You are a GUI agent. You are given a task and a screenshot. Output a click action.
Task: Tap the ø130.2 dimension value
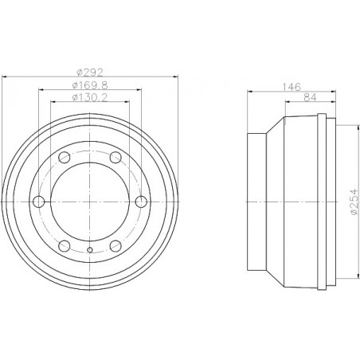point(89,100)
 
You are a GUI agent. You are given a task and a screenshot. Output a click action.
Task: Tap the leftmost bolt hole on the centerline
point(37,202)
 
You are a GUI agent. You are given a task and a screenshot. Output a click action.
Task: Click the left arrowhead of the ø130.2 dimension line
point(53,105)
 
